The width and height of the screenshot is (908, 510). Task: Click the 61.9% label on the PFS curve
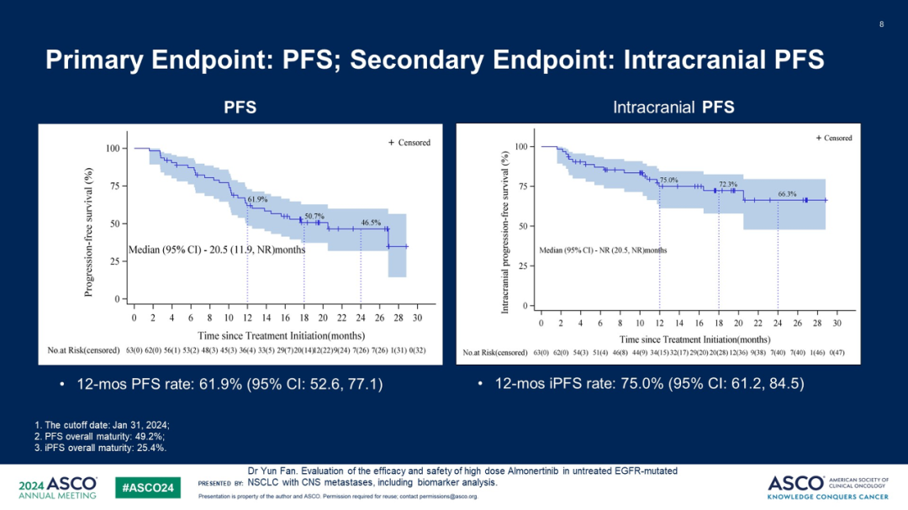pyautogui.click(x=257, y=199)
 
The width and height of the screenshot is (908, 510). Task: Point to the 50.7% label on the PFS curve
pyautogui.click(x=314, y=216)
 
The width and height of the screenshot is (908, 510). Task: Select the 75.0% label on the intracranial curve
pyautogui.click(x=668, y=180)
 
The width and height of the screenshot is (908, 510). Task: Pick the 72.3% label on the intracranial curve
pyautogui.click(x=728, y=184)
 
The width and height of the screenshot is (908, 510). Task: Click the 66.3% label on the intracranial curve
pyautogui.click(x=787, y=193)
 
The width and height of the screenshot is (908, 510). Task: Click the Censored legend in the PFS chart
pyautogui.click(x=409, y=143)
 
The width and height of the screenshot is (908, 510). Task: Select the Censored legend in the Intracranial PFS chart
pyautogui.click(x=833, y=138)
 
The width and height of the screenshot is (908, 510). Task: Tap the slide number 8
pyautogui.click(x=881, y=24)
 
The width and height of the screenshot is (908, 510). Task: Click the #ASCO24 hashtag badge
pyautogui.click(x=147, y=486)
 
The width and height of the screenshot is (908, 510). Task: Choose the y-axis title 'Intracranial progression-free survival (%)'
pyautogui.click(x=504, y=233)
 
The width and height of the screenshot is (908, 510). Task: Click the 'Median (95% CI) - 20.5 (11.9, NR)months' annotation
pyautogui.click(x=216, y=250)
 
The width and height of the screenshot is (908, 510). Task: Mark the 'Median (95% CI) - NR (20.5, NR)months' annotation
pyautogui.click(x=603, y=250)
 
